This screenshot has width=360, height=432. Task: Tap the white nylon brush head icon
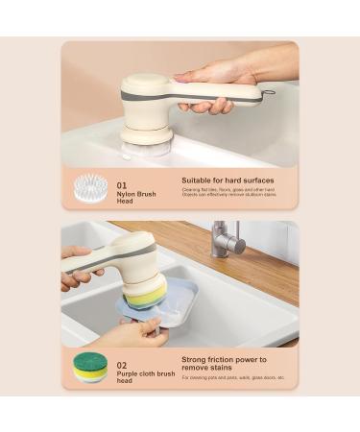pyautogui.click(x=91, y=187)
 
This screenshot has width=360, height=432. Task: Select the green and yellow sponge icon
pyautogui.click(x=91, y=367)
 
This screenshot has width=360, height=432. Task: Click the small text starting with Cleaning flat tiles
pyautogui.click(x=227, y=193)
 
